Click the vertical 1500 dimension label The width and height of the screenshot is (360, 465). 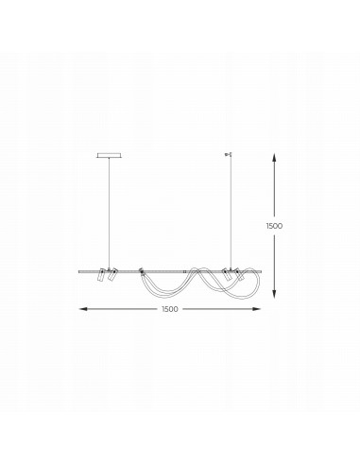[274, 226]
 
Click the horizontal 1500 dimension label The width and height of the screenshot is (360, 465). [170, 309]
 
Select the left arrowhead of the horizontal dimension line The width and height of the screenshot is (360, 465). [82, 309]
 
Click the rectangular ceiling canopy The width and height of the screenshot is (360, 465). [110, 155]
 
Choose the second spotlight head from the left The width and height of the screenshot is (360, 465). [111, 275]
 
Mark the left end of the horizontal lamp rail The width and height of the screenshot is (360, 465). [79, 272]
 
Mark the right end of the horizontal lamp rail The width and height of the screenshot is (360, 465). [261, 272]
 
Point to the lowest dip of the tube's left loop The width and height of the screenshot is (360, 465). [158, 293]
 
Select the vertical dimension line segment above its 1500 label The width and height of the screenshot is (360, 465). [274, 189]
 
